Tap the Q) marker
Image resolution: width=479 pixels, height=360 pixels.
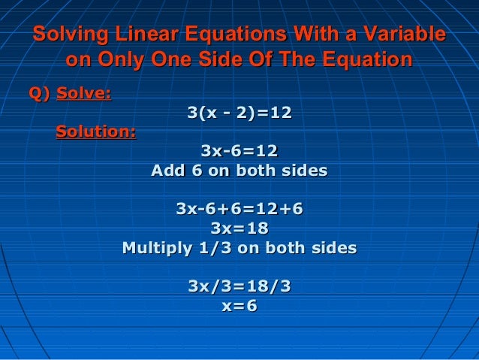[x=38, y=94]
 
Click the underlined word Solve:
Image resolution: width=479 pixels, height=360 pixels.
[x=84, y=94]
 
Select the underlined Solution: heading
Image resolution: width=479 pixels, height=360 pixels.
[x=96, y=132]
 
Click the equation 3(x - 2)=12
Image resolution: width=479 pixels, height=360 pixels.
[x=239, y=113]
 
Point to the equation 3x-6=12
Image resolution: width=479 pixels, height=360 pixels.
[x=239, y=152]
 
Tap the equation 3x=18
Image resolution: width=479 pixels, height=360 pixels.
[x=239, y=228]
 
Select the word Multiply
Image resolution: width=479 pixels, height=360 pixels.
[x=155, y=247]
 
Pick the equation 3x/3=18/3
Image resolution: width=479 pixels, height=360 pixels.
[x=239, y=286]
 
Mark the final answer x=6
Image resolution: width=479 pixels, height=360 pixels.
[x=239, y=306]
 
